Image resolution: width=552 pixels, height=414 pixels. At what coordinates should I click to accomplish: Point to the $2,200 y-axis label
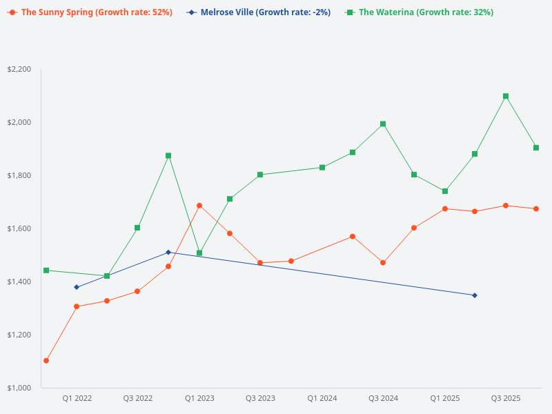[x=19, y=69]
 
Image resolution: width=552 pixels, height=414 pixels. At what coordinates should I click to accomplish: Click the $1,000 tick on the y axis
[x=19, y=388]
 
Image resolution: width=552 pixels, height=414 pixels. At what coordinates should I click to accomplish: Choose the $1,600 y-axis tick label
[x=19, y=228]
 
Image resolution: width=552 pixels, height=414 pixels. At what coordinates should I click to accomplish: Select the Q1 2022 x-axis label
[x=77, y=398]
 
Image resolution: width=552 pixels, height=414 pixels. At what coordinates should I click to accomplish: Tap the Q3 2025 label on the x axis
[x=506, y=398]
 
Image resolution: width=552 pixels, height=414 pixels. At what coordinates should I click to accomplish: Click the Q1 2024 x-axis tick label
[x=322, y=398]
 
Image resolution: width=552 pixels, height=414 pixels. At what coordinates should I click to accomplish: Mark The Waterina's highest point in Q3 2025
[x=506, y=97]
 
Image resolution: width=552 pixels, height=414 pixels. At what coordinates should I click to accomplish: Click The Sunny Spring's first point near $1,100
[x=46, y=361]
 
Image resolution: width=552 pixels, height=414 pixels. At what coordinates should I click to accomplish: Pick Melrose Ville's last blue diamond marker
[x=475, y=295]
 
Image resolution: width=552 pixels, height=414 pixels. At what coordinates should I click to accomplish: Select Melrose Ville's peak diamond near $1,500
[x=168, y=253]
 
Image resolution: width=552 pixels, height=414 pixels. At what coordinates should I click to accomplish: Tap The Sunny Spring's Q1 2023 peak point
[x=199, y=206]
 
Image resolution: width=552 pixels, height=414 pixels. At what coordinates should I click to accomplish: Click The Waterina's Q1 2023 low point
[x=199, y=253]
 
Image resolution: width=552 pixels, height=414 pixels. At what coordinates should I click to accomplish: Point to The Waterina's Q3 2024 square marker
[x=383, y=124]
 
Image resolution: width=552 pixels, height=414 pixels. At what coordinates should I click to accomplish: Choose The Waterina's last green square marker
[x=536, y=148]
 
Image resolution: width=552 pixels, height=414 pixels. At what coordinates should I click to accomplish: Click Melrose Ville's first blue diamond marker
[x=77, y=287]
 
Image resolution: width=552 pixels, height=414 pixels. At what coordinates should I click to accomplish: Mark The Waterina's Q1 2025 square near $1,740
[x=445, y=191]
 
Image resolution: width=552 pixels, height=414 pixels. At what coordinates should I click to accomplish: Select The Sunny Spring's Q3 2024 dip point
[x=383, y=263]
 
